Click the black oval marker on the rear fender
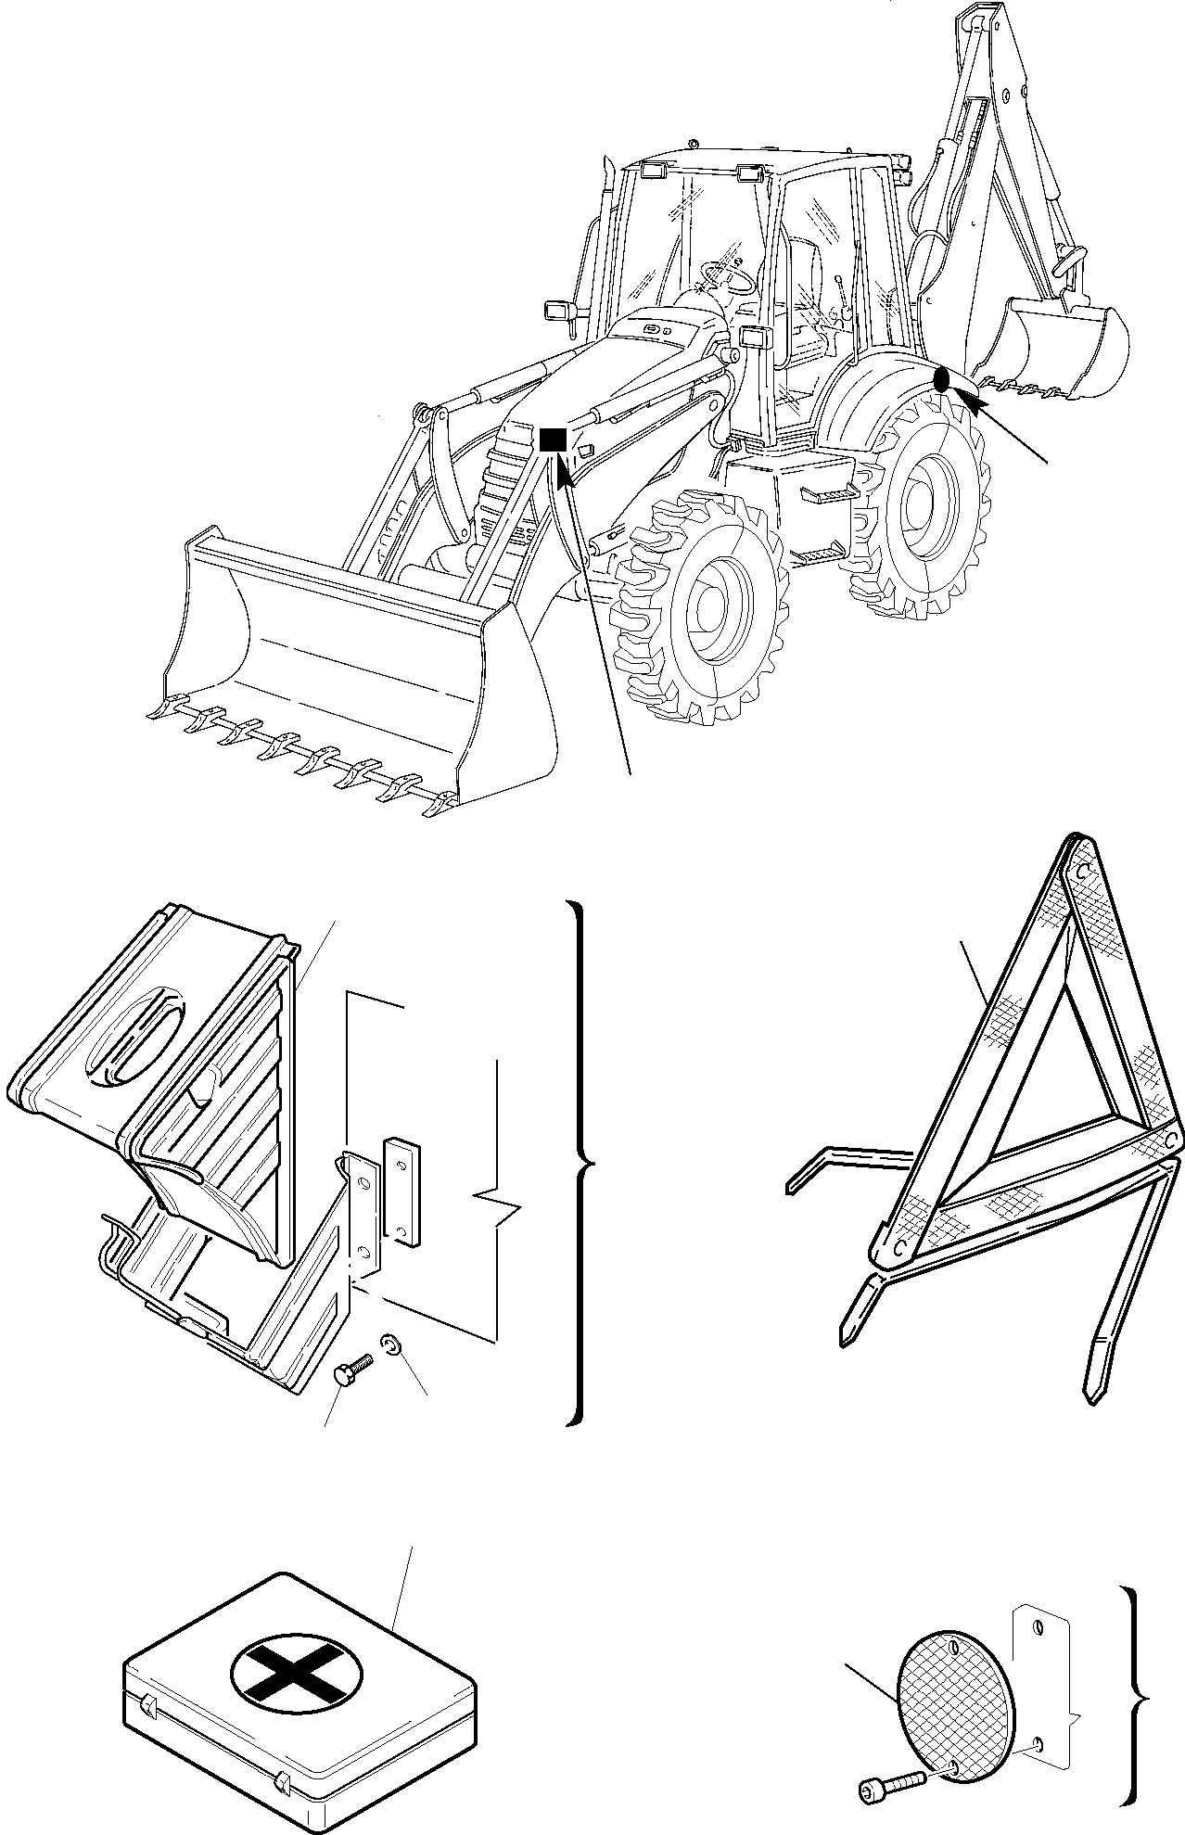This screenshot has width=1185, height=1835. [x=941, y=378]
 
